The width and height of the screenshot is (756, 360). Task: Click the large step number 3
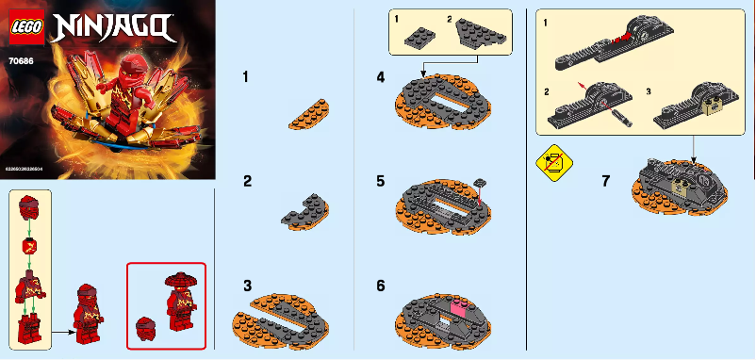click(x=246, y=285)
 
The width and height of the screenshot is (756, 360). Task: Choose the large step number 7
click(x=606, y=181)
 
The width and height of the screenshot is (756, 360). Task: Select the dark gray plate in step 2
click(x=307, y=206)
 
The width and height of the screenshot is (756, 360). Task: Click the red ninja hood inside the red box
click(x=146, y=329)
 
